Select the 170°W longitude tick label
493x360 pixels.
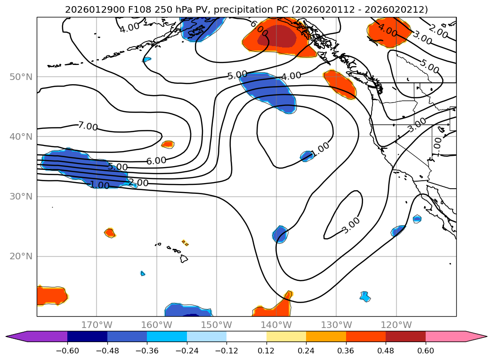click(97, 325)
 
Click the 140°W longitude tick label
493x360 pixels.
click(276, 325)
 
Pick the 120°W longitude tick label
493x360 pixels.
click(396, 325)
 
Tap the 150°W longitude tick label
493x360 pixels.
click(216, 325)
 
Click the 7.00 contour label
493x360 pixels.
click(88, 126)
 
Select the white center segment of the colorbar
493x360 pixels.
click(246, 336)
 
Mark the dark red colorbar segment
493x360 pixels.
click(405, 336)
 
